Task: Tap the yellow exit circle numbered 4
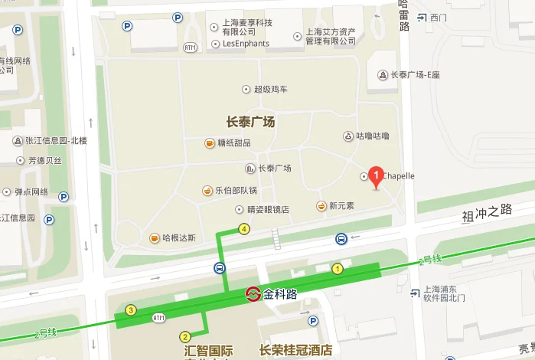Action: tap(244, 228)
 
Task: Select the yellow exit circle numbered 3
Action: tap(131, 310)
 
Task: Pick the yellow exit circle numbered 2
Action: tap(185, 336)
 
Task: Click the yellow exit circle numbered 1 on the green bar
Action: tap(337, 269)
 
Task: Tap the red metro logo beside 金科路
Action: tap(252, 293)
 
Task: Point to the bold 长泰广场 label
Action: tap(250, 122)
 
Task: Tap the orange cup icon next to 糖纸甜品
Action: tap(209, 143)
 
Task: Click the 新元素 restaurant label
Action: tap(341, 206)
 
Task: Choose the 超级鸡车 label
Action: tap(271, 90)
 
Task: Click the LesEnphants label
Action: tap(246, 44)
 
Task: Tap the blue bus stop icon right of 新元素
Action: tap(341, 238)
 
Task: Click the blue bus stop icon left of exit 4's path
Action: tap(220, 268)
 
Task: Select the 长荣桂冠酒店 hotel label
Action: tap(295, 351)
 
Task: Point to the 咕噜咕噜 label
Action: tap(373, 136)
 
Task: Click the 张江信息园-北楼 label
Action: tap(57, 140)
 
